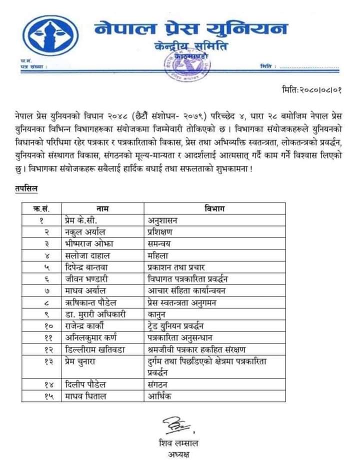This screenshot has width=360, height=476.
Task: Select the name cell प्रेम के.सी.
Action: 81,220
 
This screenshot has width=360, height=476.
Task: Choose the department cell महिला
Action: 158,254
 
